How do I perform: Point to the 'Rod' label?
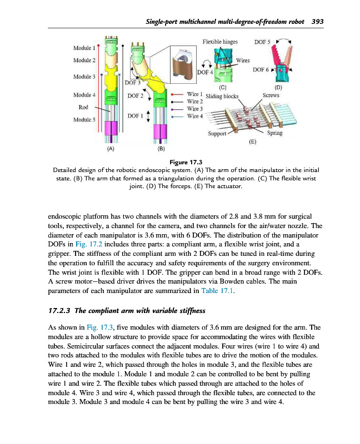[84, 107]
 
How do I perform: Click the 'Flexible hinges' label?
[220, 42]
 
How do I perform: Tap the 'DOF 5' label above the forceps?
[262, 42]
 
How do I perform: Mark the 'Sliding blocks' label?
[222, 96]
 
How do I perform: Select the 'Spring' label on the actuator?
[274, 133]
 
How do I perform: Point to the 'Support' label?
[217, 134]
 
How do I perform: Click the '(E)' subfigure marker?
[252, 142]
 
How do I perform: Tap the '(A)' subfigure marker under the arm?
[110, 149]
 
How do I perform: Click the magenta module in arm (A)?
[111, 129]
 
